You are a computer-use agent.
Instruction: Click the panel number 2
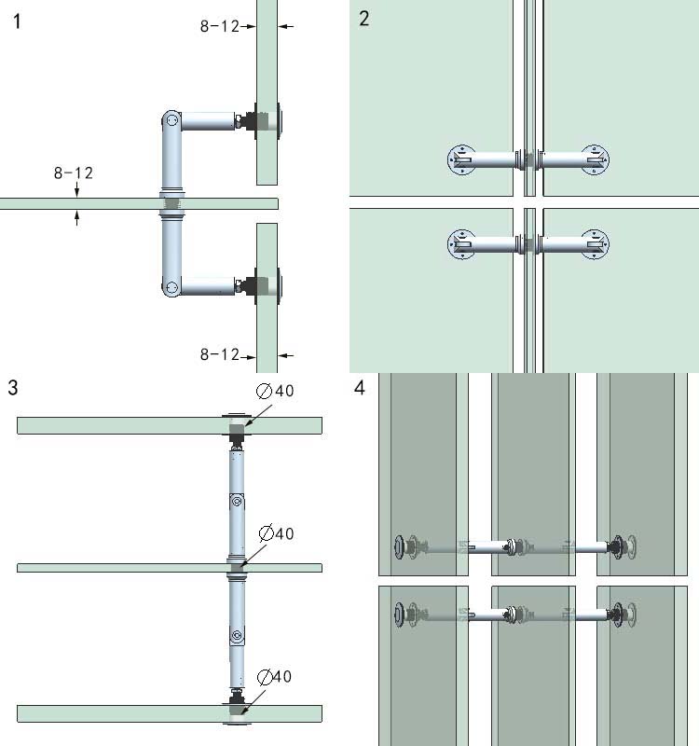pos(364,18)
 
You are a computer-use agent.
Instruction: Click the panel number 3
pos(12,387)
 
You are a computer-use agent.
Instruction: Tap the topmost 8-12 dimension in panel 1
pos(221,27)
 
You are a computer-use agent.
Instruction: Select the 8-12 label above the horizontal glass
pos(74,173)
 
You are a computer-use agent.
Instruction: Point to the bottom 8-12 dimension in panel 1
pos(221,354)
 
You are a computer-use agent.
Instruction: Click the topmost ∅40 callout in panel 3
pos(276,391)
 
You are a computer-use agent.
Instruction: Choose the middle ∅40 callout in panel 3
pos(276,533)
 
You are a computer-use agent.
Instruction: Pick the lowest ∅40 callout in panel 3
pos(276,676)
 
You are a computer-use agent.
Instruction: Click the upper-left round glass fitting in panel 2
pos(461,159)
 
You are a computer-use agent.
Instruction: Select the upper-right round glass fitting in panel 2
pos(594,159)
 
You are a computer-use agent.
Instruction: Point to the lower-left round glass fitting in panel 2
pos(461,244)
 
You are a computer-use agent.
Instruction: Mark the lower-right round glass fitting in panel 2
pos(594,244)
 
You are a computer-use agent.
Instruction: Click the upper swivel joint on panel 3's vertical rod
pos(237,503)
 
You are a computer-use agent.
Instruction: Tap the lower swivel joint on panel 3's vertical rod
pos(237,638)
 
